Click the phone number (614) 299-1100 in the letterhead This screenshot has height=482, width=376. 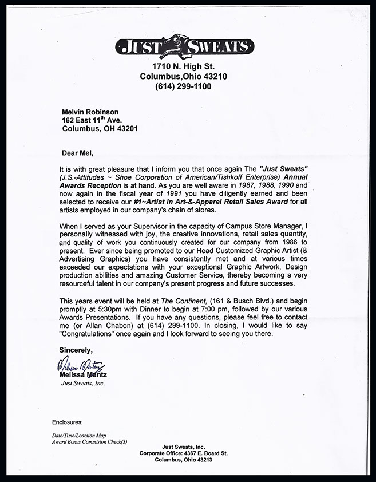(x=183, y=86)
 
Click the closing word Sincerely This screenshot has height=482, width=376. (x=76, y=350)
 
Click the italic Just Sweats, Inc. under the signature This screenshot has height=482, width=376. (x=83, y=384)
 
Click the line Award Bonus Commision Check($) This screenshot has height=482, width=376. (x=89, y=442)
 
